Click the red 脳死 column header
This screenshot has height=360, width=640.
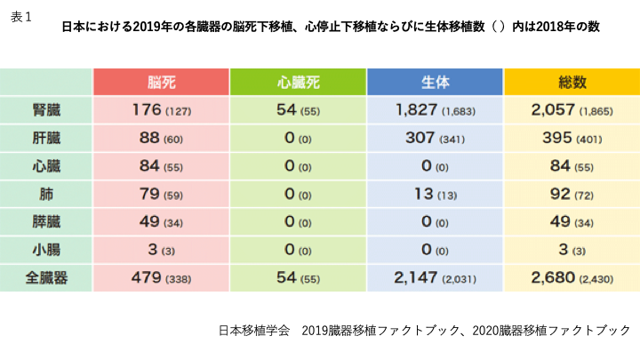point(161,82)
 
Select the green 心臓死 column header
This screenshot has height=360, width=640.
point(298,82)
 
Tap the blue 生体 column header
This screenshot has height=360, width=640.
point(435,82)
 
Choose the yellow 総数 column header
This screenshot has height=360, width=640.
point(572,82)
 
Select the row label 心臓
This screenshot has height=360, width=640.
point(46,165)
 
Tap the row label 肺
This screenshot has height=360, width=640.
point(46,193)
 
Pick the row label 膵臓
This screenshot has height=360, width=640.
point(46,220)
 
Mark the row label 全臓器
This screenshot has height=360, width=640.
point(46,276)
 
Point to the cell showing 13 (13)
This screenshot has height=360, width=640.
point(435,193)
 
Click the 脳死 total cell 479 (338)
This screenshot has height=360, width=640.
point(161,276)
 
